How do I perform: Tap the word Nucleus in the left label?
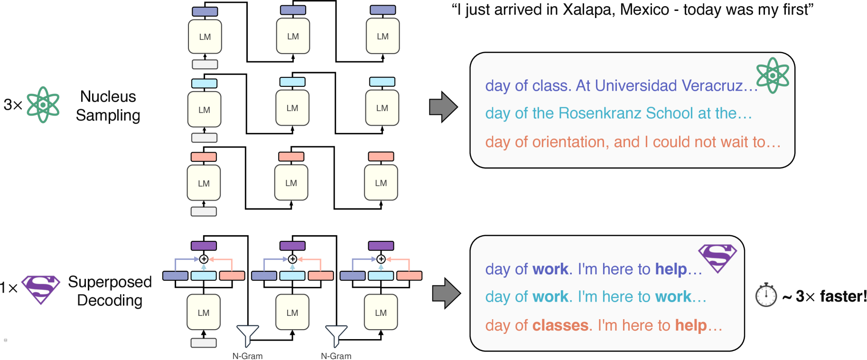(108, 97)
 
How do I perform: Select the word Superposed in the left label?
(110, 282)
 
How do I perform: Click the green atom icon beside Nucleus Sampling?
(43, 105)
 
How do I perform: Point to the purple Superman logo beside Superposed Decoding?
(41, 288)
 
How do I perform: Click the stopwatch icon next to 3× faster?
(766, 295)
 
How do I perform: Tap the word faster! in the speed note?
(843, 296)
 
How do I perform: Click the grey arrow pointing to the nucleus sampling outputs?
(443, 107)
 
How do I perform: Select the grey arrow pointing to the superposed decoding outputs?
(446, 293)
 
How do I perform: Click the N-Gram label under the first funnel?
(247, 356)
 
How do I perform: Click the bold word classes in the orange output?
(560, 325)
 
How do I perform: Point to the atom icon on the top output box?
(773, 75)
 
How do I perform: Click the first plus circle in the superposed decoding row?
(204, 259)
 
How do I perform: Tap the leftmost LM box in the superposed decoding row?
(204, 313)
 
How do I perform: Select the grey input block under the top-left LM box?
(205, 64)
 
